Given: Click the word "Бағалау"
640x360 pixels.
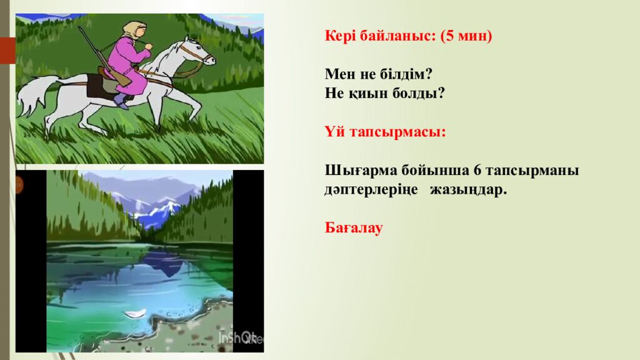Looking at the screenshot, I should tap(353, 228).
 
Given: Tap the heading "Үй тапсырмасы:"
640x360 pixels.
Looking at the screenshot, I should tap(385, 132).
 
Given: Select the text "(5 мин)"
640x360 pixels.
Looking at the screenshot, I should tap(466, 36).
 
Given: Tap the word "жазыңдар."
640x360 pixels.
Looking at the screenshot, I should tap(468, 190).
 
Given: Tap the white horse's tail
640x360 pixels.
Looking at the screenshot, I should tap(31, 94).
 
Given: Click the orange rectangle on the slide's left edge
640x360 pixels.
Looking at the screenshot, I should tap(7, 50).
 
